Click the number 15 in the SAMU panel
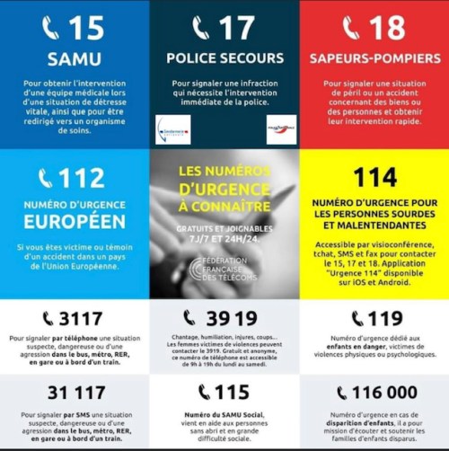(86, 29)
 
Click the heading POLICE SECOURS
(224, 58)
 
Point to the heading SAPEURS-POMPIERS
(374, 58)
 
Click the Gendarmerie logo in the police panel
(172, 129)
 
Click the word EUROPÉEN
(75, 220)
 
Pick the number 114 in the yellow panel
(374, 177)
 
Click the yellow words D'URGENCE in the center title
(224, 190)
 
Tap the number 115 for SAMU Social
(232, 392)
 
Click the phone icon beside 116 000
(342, 392)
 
